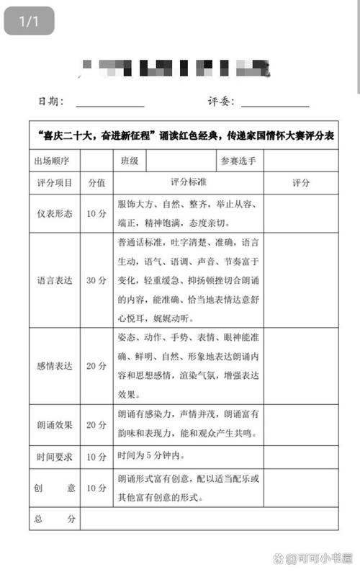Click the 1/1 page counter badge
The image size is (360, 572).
click(x=29, y=22)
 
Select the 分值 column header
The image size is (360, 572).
click(x=96, y=183)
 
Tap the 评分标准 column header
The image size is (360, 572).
click(x=188, y=182)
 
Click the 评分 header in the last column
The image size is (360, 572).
click(x=301, y=183)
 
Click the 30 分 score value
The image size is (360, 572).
click(x=96, y=280)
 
